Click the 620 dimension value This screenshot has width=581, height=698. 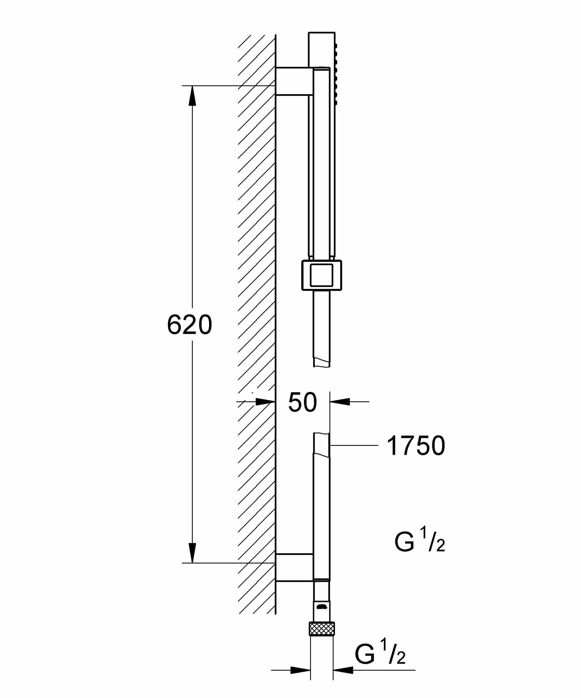tap(189, 325)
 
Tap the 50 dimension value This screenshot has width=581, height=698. tap(302, 402)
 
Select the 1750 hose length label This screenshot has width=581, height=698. tap(416, 446)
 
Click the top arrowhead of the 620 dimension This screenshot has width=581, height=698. tap(192, 95)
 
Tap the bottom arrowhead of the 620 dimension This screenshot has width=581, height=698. tap(192, 553)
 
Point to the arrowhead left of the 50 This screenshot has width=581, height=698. tap(265, 402)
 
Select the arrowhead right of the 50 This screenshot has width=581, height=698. tap(340, 402)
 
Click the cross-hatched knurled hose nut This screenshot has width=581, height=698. tap(321, 629)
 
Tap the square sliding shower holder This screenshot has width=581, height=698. tap(321, 275)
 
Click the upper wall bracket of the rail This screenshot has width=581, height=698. tap(294, 81)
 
